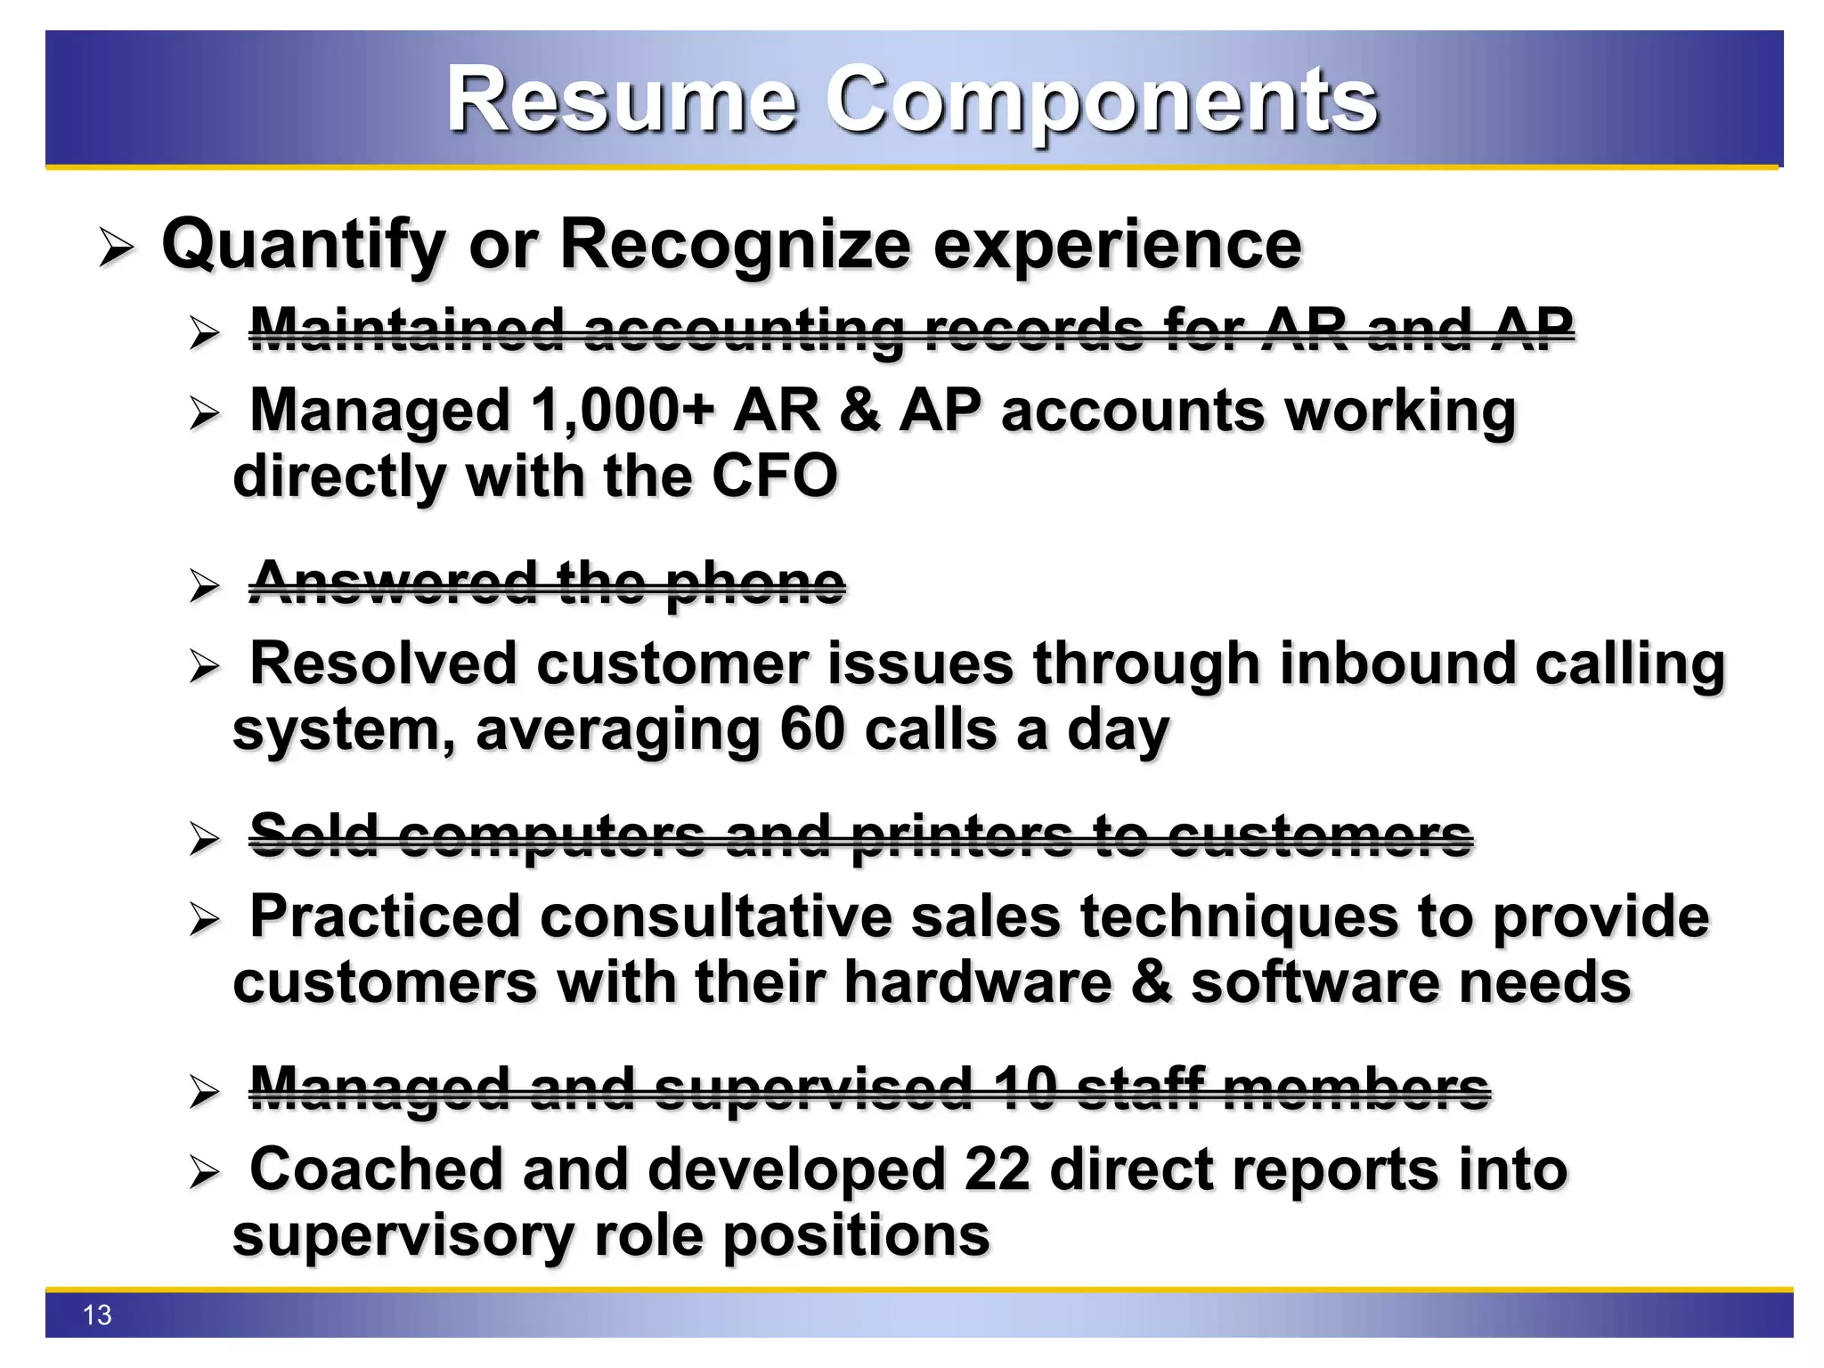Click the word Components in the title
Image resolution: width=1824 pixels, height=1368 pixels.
click(1102, 103)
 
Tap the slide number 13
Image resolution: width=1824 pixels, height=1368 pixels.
click(97, 1315)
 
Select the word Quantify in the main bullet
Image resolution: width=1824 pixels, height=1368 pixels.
click(304, 246)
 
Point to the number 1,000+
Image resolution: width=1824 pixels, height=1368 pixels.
click(622, 411)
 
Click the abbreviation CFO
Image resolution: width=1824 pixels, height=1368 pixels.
click(774, 476)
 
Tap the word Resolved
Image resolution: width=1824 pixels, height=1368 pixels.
click(383, 664)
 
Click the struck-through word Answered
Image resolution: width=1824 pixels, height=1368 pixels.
click(393, 583)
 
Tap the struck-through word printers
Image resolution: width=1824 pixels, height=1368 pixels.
click(962, 836)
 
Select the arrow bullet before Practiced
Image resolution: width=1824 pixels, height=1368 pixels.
click(204, 919)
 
